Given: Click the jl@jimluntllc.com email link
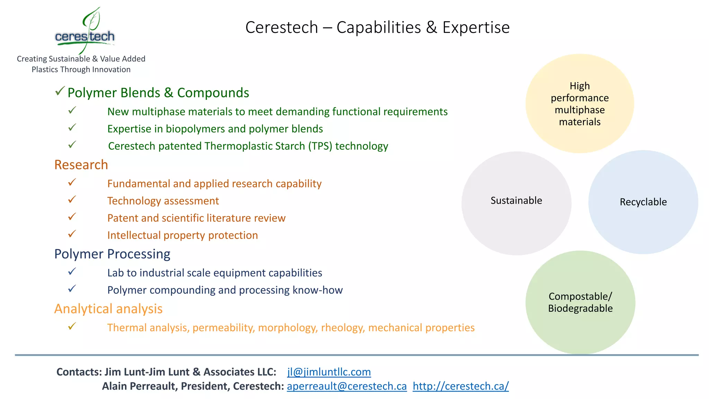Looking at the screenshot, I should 329,372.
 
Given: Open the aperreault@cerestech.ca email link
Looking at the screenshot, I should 347,386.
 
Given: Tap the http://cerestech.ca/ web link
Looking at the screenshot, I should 460,386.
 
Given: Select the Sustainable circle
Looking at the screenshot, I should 516,203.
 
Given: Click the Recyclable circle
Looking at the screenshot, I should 643,202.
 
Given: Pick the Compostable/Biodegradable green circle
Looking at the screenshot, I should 580,302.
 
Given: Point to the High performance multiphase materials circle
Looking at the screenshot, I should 580,104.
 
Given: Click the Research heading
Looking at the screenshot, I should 81,165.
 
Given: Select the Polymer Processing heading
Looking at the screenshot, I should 112,254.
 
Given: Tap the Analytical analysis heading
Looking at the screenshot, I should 108,309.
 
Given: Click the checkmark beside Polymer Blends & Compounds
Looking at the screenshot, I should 60,91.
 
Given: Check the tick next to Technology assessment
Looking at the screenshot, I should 72,199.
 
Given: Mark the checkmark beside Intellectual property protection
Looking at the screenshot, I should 72,234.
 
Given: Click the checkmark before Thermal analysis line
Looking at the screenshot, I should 72,326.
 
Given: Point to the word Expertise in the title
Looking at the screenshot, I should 476,28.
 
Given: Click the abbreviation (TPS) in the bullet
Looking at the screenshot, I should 320,146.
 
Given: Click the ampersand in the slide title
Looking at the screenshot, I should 431,28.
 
